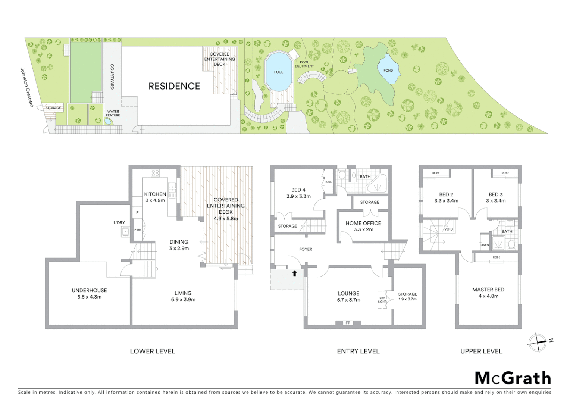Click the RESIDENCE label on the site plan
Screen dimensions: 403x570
(x=174, y=86)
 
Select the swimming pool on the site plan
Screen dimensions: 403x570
(x=278, y=72)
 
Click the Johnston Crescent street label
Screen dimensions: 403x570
(x=26, y=87)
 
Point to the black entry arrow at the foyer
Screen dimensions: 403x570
(x=294, y=273)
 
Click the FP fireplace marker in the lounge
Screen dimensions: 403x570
(x=348, y=323)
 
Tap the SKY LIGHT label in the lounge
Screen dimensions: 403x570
(x=382, y=300)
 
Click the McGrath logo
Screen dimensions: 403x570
(x=513, y=378)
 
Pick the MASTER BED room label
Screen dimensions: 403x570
(x=488, y=290)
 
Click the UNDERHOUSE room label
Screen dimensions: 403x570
(x=89, y=290)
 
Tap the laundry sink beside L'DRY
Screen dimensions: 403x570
(x=126, y=232)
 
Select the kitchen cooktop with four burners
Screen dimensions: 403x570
(x=155, y=173)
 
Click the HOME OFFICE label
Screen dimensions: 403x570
(x=363, y=223)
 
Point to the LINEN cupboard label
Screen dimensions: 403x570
(x=485, y=245)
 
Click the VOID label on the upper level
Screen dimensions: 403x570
(x=448, y=229)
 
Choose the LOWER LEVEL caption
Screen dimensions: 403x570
(x=152, y=351)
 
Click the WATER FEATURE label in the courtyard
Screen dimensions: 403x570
(x=113, y=113)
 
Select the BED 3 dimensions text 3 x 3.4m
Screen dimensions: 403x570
(x=496, y=201)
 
